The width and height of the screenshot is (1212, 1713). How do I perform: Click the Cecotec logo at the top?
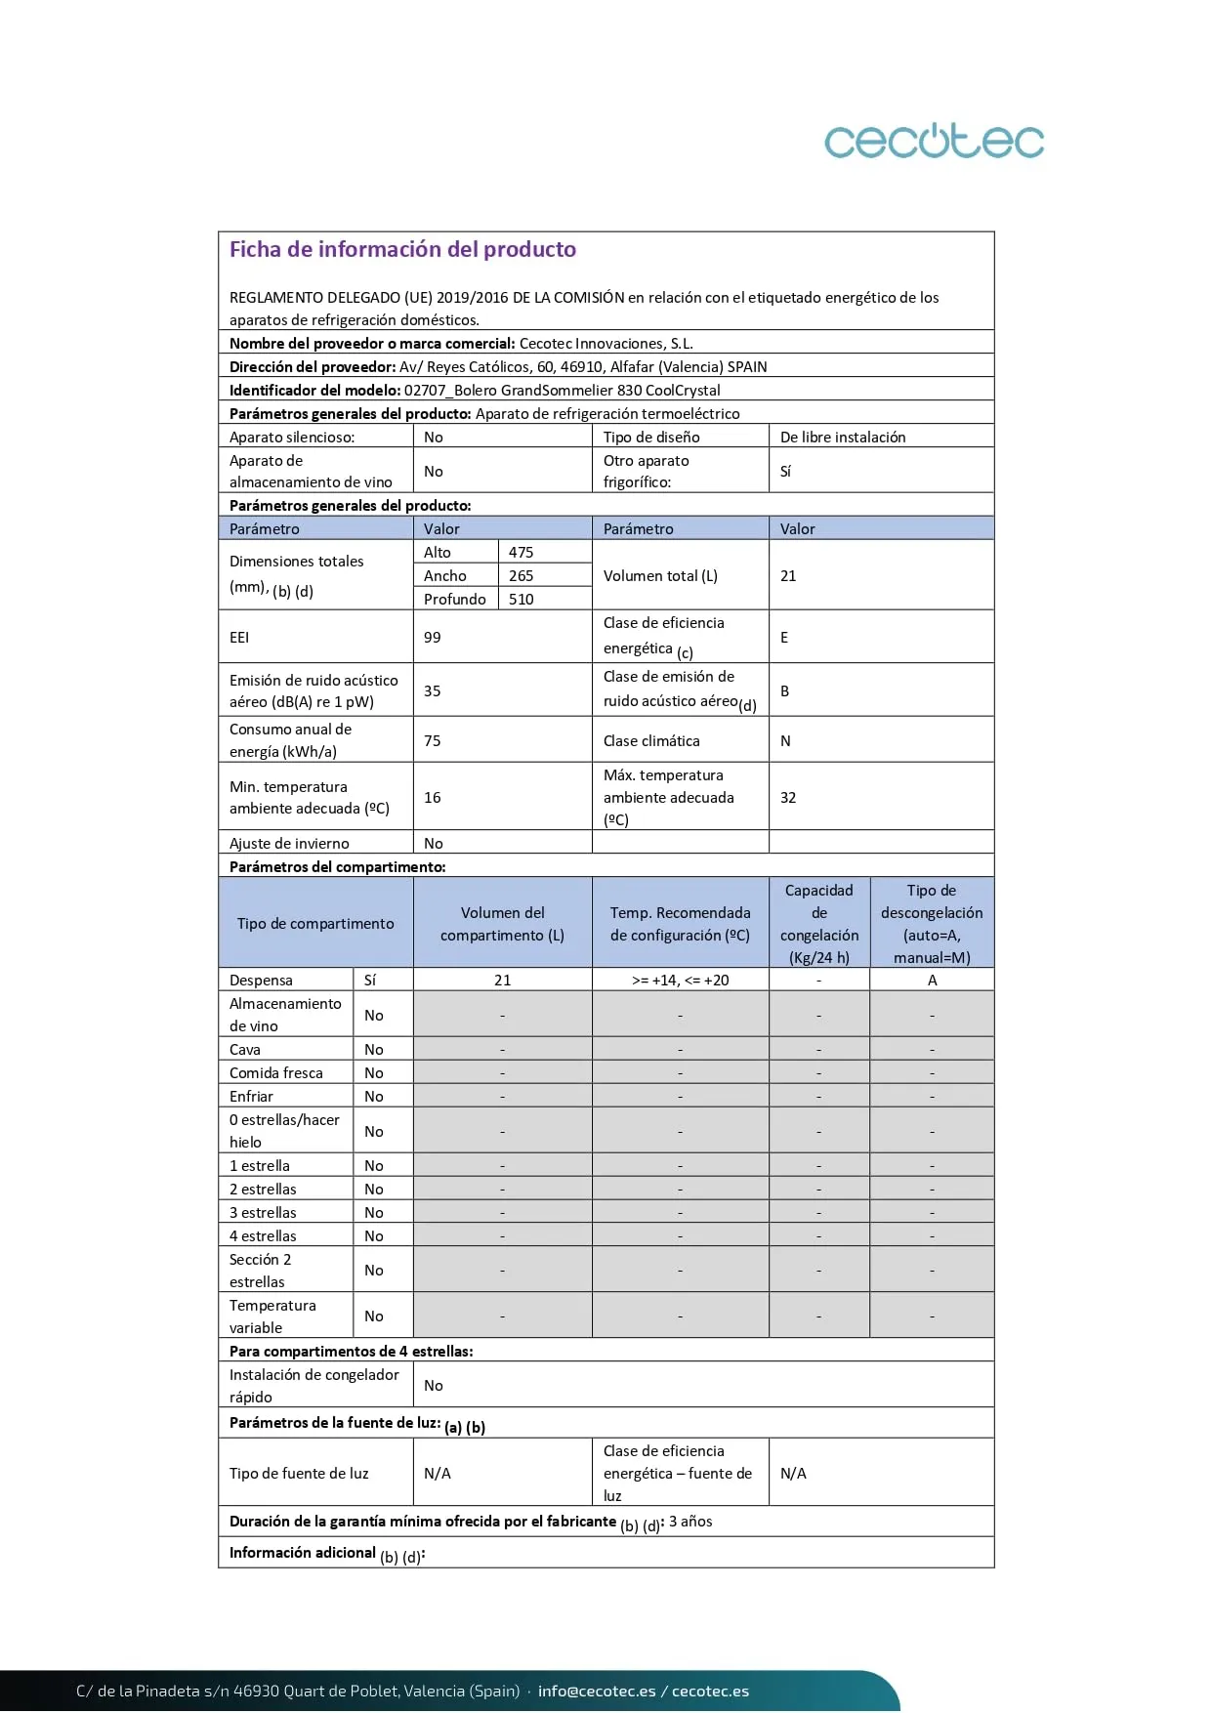pos(934,142)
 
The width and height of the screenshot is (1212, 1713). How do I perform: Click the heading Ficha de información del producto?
pos(402,250)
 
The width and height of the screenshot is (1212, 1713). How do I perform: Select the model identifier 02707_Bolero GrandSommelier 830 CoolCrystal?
pos(562,391)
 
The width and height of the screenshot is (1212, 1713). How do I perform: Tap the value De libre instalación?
pos(843,438)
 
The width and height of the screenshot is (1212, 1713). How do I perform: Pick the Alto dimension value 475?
pos(521,553)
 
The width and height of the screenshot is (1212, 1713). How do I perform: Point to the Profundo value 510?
pos(521,600)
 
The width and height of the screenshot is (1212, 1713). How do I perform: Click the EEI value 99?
pos(433,638)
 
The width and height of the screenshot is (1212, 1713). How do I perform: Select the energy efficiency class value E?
pos(784,638)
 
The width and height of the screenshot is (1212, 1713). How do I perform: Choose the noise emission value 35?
pos(433,691)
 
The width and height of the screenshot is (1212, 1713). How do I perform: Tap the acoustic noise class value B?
pos(784,691)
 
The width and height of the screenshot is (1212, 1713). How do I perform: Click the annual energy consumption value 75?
pos(433,741)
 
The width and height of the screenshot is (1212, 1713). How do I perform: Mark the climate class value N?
pos(785,741)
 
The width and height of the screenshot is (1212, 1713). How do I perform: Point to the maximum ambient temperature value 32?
pos(788,798)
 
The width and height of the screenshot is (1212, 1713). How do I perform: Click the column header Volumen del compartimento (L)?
pos(502,924)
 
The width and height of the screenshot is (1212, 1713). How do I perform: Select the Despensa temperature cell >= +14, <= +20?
pos(680,981)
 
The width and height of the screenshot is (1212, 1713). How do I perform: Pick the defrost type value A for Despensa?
pos(932,981)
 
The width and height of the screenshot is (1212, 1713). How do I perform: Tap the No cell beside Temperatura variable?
pos(374,1316)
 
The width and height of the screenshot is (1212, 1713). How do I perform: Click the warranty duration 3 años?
pos(690,1522)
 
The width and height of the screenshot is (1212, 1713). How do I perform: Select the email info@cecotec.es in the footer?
pos(597,1692)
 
